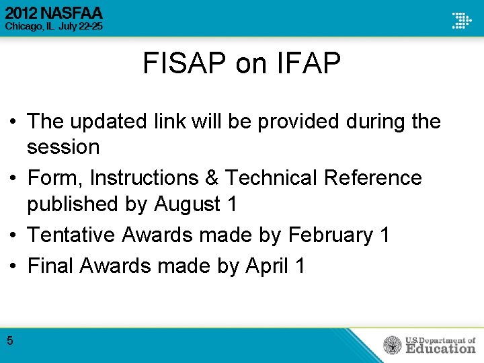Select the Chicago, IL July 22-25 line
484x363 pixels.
[54, 28]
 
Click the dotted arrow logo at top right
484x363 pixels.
[461, 19]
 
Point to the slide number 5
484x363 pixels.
[10, 341]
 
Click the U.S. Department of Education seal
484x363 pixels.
[393, 346]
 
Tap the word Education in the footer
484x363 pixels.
[440, 348]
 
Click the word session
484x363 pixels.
[63, 147]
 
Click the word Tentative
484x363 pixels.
[71, 235]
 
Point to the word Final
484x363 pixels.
[50, 266]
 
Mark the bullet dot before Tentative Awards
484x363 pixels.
[13, 235]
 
